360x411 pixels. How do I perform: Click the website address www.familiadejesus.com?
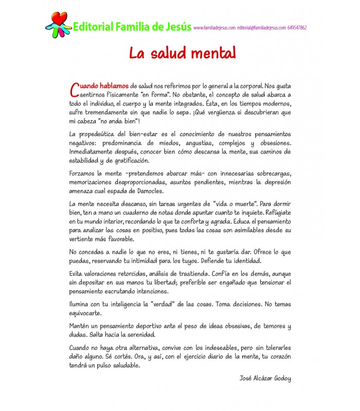(214, 28)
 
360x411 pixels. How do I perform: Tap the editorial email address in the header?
(262, 28)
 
